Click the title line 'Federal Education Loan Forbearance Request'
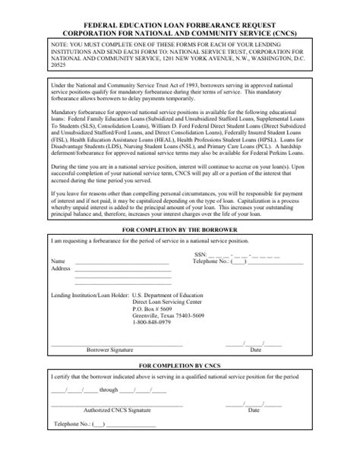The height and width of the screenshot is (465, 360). (180, 25)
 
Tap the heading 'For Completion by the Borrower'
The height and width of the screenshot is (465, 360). (180, 229)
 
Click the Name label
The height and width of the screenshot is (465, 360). (58, 261)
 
